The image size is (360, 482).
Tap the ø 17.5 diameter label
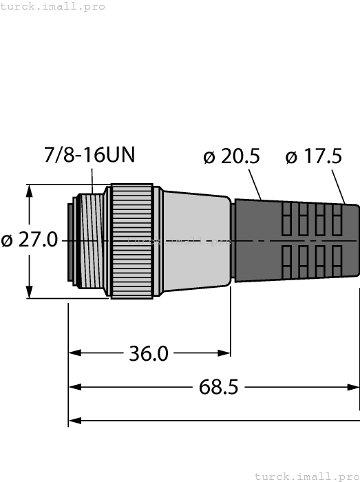[313, 157]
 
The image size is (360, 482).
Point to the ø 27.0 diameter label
[30, 241]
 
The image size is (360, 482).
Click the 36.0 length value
[149, 353]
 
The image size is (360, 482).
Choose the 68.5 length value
[218, 387]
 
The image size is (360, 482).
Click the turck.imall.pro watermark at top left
[53, 6]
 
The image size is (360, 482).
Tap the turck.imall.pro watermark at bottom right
[307, 476]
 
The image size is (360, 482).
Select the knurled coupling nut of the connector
[131, 241]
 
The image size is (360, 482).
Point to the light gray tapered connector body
[196, 241]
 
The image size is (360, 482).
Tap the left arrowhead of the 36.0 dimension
[74, 353]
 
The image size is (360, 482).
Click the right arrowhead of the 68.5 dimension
[354, 387]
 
